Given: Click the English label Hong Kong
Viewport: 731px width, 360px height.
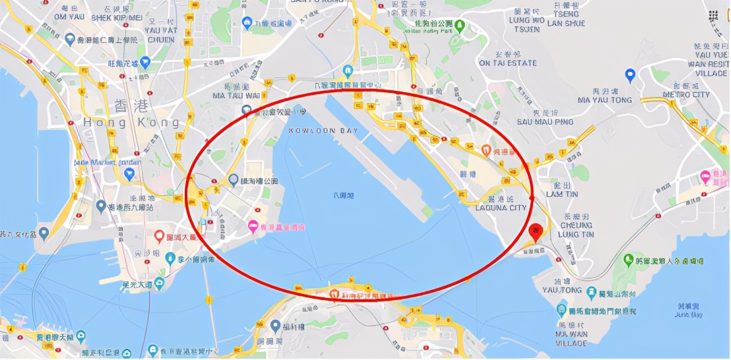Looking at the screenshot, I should point(131,123).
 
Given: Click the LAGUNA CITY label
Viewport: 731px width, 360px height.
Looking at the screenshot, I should point(501,208).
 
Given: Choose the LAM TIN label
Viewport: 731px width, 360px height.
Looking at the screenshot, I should point(562,194).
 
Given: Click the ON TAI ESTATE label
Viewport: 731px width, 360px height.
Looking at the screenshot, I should point(508,63).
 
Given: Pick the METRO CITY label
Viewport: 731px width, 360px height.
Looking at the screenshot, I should point(686,95).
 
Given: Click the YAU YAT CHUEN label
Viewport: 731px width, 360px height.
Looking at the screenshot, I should point(160,34).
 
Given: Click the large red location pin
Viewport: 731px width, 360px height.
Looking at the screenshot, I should point(536,231).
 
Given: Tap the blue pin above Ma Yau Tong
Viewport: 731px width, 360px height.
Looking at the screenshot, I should point(630,75).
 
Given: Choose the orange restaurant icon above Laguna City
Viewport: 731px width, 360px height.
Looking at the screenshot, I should point(486,150).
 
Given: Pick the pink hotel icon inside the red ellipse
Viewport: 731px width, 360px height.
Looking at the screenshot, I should point(252,227).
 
